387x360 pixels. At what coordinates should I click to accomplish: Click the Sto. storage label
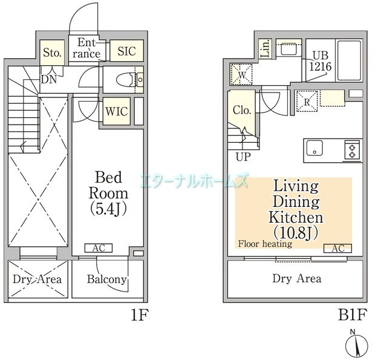52,53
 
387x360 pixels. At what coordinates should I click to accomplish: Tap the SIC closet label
127,51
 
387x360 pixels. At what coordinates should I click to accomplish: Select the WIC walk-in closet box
115,112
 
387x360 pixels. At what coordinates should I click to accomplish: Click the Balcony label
106,279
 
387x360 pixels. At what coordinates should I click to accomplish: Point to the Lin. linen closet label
265,49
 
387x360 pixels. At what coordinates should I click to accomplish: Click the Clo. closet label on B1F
242,111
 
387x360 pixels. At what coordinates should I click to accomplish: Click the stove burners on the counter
353,149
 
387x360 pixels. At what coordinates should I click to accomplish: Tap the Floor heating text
265,244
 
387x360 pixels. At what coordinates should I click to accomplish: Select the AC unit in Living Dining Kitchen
337,248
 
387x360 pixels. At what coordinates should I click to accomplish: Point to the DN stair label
49,78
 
